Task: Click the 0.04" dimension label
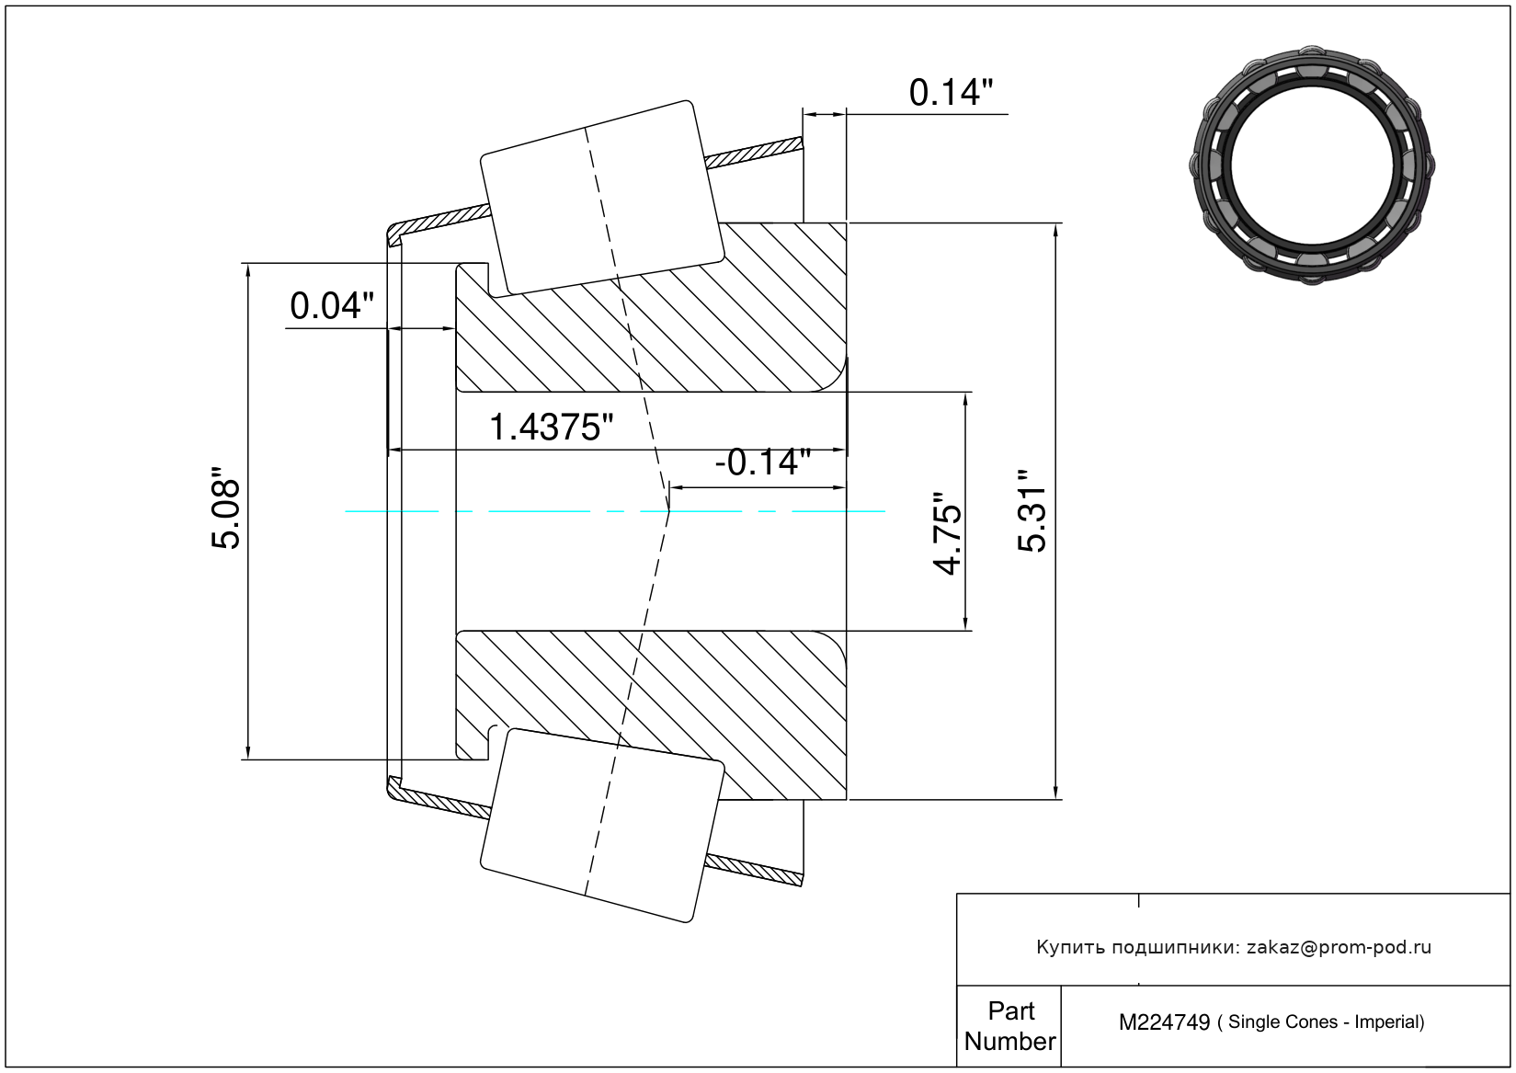click(x=332, y=306)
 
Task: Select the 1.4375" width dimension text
click(x=551, y=428)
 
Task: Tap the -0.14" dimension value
click(x=763, y=462)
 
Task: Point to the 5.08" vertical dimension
click(x=225, y=508)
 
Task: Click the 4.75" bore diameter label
click(x=947, y=533)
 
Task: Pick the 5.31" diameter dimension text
click(x=1032, y=511)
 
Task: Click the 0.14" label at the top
click(x=951, y=93)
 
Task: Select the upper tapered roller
click(x=602, y=199)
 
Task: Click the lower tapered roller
click(x=602, y=826)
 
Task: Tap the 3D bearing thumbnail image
click(x=1312, y=165)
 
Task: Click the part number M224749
click(x=1164, y=1022)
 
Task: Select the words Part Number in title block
click(x=1009, y=1026)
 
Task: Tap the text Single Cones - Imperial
click(x=1326, y=1022)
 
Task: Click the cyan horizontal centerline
click(x=615, y=511)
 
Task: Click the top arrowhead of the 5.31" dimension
click(x=1055, y=232)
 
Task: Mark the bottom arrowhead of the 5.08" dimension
click(x=248, y=751)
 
